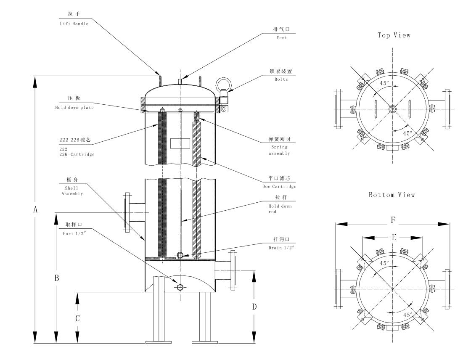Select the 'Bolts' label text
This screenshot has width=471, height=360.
pyautogui.click(x=281, y=79)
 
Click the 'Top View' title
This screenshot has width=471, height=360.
pyautogui.click(x=394, y=36)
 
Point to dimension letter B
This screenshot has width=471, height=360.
pyautogui.click(x=56, y=278)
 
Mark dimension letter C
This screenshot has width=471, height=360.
pyautogui.click(x=77, y=318)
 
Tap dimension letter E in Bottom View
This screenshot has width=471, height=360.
pyautogui.click(x=394, y=238)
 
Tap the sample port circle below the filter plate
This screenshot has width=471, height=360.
pyautogui.click(x=180, y=287)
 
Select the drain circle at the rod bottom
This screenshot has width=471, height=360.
pyautogui.click(x=180, y=255)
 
